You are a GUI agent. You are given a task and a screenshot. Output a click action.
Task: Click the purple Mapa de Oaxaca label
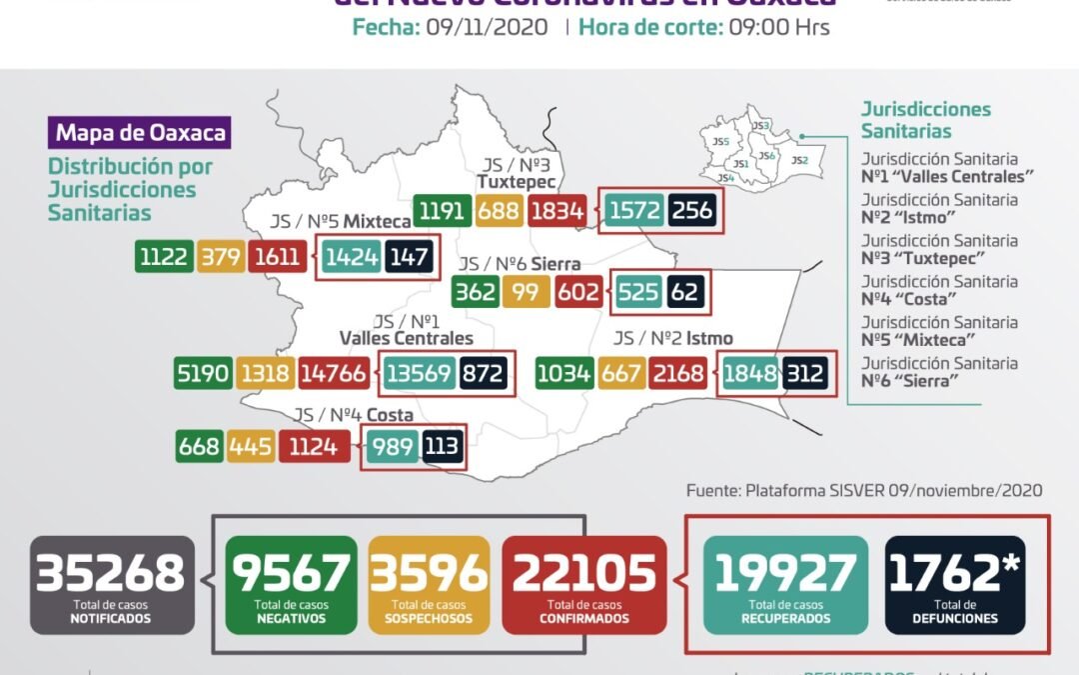tap(140, 133)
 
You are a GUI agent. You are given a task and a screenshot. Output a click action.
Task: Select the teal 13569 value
tap(417, 374)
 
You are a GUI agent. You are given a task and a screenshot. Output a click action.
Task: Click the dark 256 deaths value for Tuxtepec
tap(695, 211)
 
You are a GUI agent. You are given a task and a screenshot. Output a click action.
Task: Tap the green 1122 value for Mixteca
tap(164, 257)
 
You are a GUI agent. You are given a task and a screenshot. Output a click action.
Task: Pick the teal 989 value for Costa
tap(392, 446)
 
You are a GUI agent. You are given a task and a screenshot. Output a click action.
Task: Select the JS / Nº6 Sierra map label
tap(519, 265)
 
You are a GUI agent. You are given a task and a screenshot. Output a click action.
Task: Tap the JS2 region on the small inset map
tap(799, 159)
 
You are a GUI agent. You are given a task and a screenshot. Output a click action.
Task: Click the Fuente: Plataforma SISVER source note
tap(864, 491)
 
